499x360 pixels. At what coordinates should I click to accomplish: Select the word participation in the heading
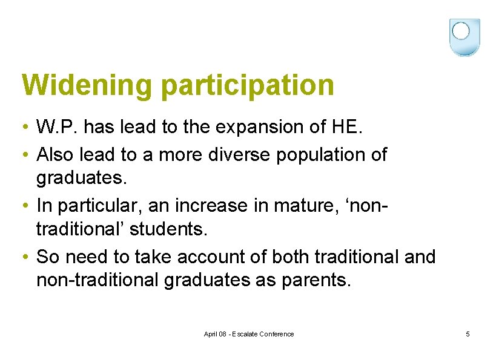tap(248, 85)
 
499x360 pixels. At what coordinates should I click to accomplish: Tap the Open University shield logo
tap(464, 37)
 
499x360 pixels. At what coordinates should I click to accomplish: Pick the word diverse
tap(232, 155)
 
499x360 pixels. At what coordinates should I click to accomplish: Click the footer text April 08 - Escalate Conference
tap(249, 334)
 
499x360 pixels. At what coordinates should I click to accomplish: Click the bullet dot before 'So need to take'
tap(22, 257)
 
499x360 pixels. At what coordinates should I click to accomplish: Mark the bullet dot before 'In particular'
tap(22, 206)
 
